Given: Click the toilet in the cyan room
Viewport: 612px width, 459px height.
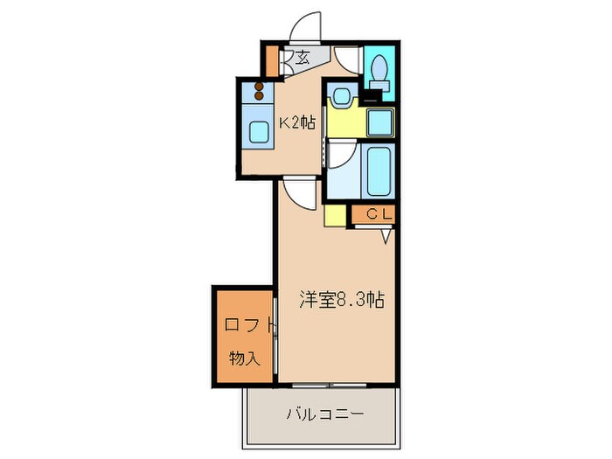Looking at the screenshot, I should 379,67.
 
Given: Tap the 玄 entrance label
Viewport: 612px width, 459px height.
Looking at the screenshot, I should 302,59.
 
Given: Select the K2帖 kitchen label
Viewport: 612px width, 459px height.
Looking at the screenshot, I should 296,123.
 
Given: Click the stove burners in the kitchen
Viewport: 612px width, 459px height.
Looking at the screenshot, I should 259,88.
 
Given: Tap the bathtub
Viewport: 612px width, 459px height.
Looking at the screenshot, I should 379,170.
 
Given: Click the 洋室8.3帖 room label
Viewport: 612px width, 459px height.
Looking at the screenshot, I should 342,300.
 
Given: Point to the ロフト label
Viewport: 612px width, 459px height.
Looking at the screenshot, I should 245,325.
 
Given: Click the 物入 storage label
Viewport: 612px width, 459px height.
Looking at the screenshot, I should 244,358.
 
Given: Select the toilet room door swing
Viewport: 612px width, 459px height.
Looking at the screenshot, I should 348,58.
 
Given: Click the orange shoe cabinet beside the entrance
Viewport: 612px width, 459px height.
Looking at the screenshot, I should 271,60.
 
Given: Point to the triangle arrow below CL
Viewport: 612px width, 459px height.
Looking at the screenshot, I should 384,235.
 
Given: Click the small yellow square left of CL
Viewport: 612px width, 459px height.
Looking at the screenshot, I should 336,214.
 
